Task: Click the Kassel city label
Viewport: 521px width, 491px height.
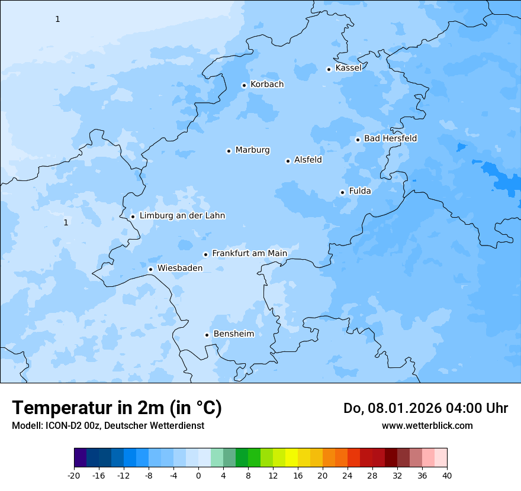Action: point(348,68)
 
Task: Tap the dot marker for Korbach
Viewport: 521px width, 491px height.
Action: point(244,85)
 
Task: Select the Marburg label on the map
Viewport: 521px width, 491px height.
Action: point(252,150)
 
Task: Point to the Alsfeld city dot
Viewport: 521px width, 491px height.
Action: point(288,161)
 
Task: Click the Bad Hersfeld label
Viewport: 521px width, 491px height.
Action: point(390,138)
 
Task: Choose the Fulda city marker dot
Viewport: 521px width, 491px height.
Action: point(342,192)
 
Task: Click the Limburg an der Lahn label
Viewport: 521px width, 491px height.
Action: point(182,216)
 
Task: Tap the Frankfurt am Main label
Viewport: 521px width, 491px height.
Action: point(249,253)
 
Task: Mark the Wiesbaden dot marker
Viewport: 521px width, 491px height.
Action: point(150,269)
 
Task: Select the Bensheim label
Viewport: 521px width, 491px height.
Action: point(233,334)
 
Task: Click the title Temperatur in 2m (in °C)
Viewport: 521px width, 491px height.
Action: point(117,408)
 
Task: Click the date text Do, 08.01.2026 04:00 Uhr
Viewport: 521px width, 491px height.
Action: point(425,408)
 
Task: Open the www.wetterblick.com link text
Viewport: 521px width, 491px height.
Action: point(427,426)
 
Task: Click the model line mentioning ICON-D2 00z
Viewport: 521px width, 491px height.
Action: point(108,426)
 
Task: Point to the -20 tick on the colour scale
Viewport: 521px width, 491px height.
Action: point(74,476)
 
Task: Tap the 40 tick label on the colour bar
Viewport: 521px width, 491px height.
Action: point(447,476)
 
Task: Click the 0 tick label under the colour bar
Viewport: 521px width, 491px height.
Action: point(198,476)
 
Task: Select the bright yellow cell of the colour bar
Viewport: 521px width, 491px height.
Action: point(291,458)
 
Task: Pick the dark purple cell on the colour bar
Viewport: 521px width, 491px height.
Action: point(81,458)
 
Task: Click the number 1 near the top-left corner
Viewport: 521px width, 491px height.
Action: point(57,20)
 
